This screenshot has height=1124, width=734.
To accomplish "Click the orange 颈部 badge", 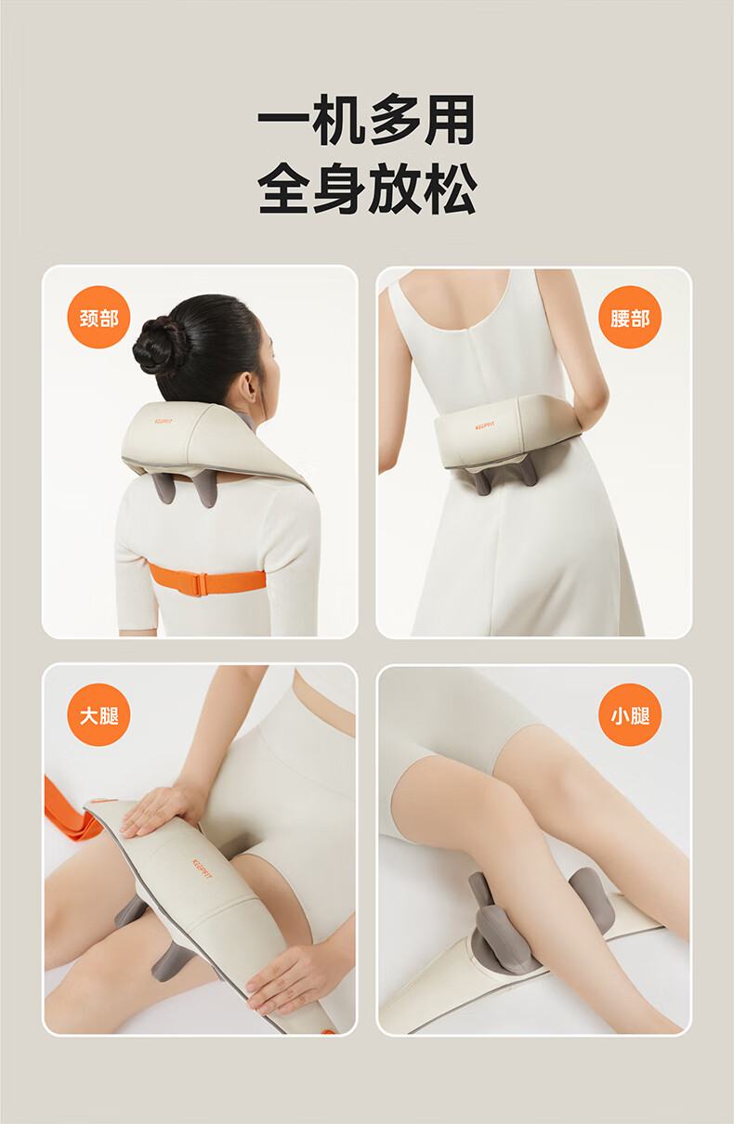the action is [x=98, y=317].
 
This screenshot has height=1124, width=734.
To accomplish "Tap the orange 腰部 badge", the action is [x=630, y=317].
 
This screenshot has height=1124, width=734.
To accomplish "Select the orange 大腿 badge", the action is [x=98, y=715].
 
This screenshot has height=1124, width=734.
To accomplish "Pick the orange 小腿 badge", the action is [x=630, y=715].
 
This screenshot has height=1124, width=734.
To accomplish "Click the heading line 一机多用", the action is [x=366, y=120].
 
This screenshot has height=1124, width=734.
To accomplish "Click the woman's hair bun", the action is [x=160, y=346].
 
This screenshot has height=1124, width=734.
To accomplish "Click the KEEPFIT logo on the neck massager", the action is [x=164, y=421].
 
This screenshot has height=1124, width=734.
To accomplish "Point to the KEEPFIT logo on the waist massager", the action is [x=484, y=426].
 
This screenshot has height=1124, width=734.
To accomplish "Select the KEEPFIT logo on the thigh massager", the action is [x=203, y=869].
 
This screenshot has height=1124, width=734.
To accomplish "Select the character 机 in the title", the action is [x=339, y=120].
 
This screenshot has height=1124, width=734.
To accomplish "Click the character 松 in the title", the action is [x=450, y=189].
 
